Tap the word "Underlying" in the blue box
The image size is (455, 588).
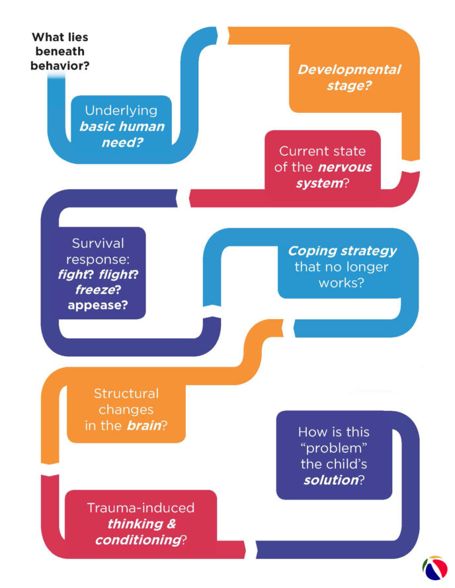click(x=120, y=110)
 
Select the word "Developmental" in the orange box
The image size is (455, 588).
click(x=349, y=70)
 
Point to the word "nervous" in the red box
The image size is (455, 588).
click(x=347, y=167)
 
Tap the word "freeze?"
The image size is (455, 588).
click(x=89, y=289)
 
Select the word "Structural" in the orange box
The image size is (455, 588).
click(x=126, y=394)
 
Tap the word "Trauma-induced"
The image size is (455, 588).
click(x=141, y=508)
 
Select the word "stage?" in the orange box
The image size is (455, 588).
click(x=349, y=86)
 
